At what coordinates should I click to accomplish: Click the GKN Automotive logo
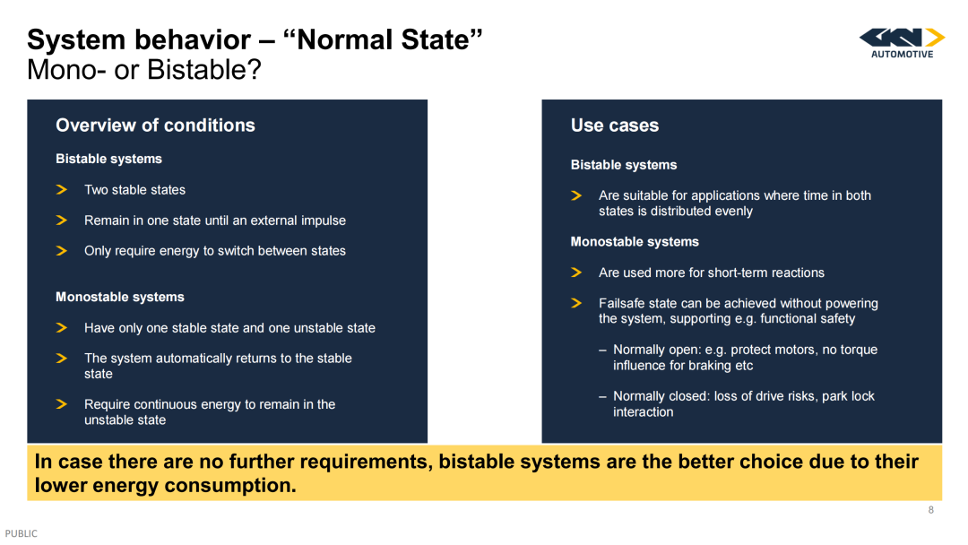click(902, 43)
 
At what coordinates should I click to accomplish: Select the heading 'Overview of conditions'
click(155, 125)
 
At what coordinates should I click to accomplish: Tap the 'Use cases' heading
click(614, 125)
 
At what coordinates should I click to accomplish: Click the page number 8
click(930, 510)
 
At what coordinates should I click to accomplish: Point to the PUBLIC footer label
click(21, 533)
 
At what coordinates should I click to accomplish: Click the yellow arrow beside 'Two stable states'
click(61, 189)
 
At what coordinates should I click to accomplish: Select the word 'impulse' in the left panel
click(323, 221)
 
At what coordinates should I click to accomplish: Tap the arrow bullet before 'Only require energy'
click(61, 251)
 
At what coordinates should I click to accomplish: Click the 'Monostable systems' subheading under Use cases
click(635, 242)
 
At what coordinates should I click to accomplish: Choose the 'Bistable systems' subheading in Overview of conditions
click(108, 160)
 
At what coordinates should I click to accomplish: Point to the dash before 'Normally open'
click(602, 350)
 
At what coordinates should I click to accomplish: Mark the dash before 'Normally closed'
click(602, 397)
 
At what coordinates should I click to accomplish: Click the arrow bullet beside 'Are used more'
click(576, 272)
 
